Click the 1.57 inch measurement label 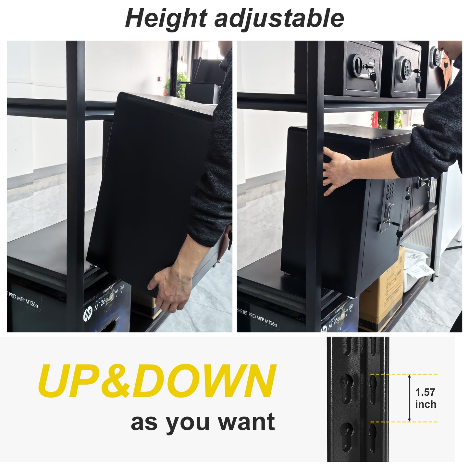(x=426, y=398)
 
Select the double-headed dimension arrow (x=409, y=398)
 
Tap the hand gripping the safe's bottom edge (x=170, y=287)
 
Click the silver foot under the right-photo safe (x=288, y=273)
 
